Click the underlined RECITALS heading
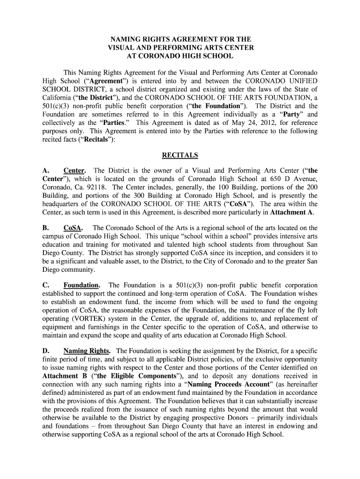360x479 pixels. click(x=180, y=155)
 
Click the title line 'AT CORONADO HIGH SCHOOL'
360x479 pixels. click(x=180, y=56)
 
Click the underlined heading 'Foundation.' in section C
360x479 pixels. click(x=81, y=285)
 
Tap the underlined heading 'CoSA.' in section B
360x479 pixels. click(x=73, y=228)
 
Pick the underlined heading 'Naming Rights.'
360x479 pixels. click(x=87, y=351)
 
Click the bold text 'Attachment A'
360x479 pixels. click(x=292, y=212)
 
